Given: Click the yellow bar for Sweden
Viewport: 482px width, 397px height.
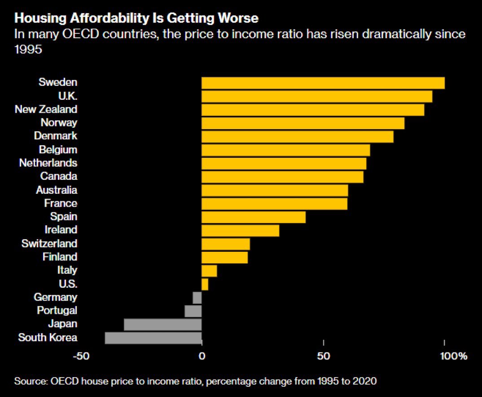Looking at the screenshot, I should [323, 83].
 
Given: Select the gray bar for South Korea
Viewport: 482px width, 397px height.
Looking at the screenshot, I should [153, 338].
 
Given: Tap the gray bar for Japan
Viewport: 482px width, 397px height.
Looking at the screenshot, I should [162, 324].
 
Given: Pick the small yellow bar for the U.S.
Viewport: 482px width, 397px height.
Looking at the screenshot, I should [205, 284].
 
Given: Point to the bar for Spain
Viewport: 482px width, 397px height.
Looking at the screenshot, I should [254, 217].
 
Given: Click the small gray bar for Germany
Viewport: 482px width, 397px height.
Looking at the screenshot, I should [197, 298].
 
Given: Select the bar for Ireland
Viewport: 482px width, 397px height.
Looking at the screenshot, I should [241, 231].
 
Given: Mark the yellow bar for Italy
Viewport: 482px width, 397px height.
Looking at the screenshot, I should [209, 271].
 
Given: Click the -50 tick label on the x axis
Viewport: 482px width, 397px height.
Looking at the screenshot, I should [81, 357].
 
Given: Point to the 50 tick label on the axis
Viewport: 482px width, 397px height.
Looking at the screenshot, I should [324, 357].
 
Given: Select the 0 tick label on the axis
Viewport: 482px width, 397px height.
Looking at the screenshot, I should [202, 357].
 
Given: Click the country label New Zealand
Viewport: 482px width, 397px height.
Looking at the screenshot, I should [46, 109].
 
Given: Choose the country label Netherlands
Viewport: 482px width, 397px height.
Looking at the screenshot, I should [48, 163].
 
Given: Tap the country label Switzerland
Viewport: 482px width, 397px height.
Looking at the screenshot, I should [49, 244].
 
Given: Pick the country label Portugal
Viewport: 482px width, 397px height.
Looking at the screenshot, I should [57, 311].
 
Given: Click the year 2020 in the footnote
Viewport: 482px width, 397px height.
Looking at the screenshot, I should [365, 381].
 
